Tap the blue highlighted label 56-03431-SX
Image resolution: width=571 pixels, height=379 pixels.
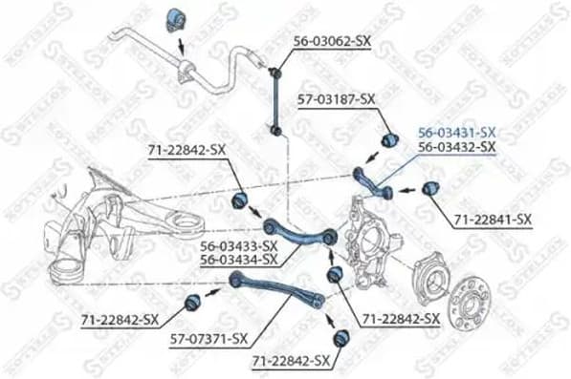coord(456,132)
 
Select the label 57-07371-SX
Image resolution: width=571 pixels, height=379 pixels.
coord(208,339)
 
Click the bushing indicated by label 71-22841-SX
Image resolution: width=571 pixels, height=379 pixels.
coord(430,186)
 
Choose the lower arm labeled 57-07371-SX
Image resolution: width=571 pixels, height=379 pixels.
coord(277,287)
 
